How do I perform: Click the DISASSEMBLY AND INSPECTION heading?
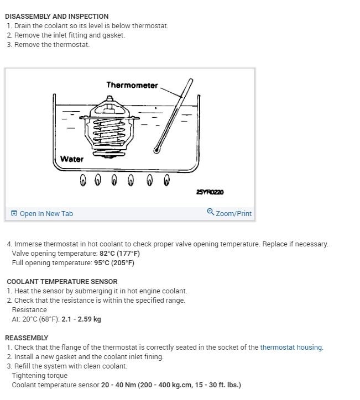pos(56,17)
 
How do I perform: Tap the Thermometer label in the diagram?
pos(132,85)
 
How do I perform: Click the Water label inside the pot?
pos(72,159)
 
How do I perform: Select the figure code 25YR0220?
pos(210,192)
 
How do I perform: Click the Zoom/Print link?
pos(233,213)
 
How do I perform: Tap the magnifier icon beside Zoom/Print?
pos(210,212)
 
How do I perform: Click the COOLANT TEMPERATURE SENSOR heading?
pos(62,282)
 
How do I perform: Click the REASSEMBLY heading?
pos(27,338)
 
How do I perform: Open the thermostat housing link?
pos(291,348)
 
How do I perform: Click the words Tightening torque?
pos(36,376)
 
